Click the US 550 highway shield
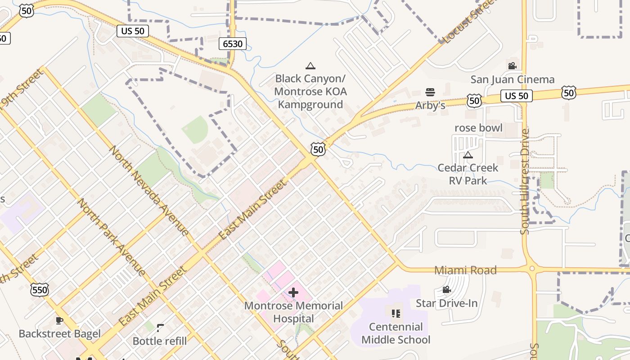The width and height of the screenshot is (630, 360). [40, 290]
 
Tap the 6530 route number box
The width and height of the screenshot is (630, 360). [233, 44]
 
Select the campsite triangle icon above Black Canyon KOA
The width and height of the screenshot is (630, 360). [310, 66]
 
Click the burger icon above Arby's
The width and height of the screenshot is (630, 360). [430, 92]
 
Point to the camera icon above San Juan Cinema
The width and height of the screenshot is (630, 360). [512, 66]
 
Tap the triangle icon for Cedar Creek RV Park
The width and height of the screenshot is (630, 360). [468, 155]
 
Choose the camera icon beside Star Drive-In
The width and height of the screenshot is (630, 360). [446, 290]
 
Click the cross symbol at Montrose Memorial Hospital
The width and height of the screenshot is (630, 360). [293, 292]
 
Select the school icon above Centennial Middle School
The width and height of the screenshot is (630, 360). [396, 313]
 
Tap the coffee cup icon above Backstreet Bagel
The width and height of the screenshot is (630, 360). [59, 320]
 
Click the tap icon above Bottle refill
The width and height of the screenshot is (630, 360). [160, 328]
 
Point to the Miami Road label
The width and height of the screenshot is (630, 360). [465, 270]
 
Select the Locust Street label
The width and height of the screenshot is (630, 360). [468, 22]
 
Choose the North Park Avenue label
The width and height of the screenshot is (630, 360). [112, 237]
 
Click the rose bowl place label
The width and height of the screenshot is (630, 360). [478, 128]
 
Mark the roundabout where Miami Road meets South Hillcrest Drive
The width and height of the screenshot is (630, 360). [532, 269]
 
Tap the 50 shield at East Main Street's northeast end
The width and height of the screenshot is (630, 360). [318, 149]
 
